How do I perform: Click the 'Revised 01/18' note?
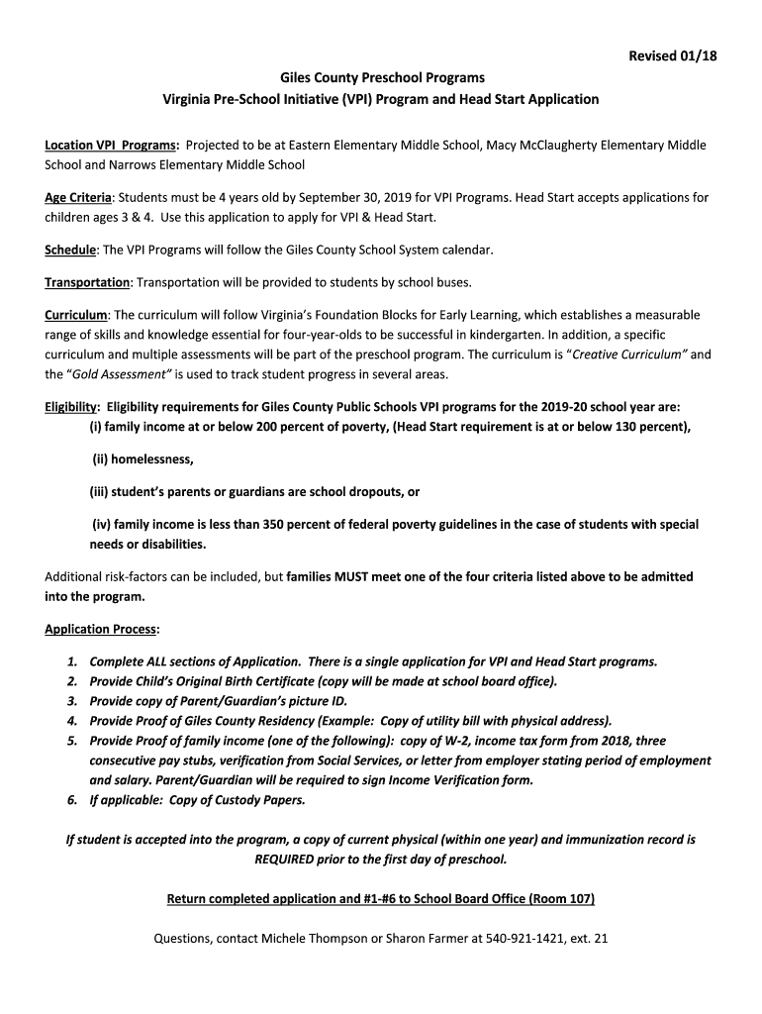point(672,56)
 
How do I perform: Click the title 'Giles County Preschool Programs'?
point(381,77)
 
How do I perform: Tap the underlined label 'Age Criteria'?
point(78,198)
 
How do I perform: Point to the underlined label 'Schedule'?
point(70,250)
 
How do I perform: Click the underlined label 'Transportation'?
point(87,283)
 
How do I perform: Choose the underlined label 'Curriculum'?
point(75,316)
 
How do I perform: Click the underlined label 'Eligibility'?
point(71,407)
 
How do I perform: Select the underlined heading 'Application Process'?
point(102,629)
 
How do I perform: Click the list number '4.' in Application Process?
point(72,721)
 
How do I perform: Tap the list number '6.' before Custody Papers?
point(72,800)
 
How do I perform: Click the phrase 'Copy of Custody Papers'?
point(237,800)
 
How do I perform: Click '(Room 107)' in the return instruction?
point(561,899)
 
